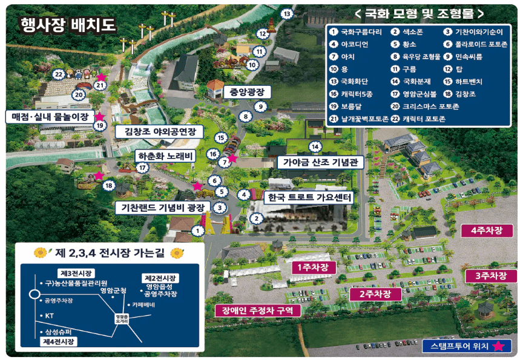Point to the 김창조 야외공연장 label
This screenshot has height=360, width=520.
pyautogui.click(x=160, y=131)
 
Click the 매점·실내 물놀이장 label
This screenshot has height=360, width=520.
pyautogui.click(x=50, y=116)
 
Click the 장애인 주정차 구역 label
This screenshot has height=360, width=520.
pyautogui.click(x=257, y=310)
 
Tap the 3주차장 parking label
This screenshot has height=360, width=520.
pyautogui.click(x=490, y=276)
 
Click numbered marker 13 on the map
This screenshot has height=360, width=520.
pyautogui.click(x=286, y=13)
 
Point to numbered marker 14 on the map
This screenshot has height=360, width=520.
pyautogui.click(x=314, y=146)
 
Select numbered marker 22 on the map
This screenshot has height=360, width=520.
pyautogui.click(x=58, y=74)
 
